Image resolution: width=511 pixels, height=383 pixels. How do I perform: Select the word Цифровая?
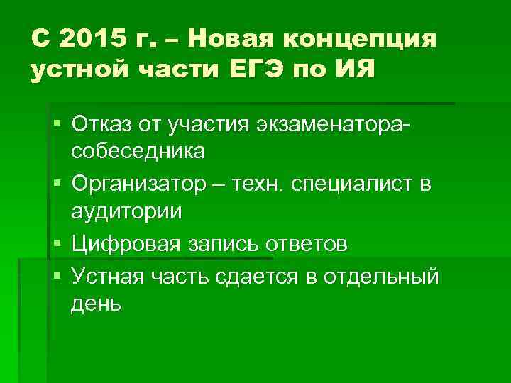click(128, 245)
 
